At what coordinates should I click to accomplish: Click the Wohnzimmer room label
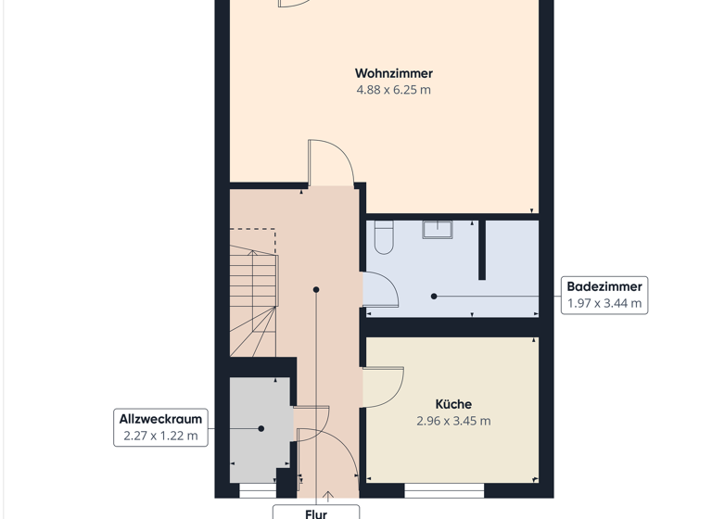click(x=393, y=73)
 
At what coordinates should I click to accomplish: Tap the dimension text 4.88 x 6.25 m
click(x=393, y=91)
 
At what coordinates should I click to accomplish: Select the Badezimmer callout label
click(x=604, y=286)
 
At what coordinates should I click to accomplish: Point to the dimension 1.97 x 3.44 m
click(x=604, y=304)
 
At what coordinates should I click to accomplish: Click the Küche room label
click(x=453, y=404)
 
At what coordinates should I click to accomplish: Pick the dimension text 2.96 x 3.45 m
click(x=453, y=421)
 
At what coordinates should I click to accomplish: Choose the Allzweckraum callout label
click(x=160, y=419)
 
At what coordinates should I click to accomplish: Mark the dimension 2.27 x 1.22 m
click(x=160, y=436)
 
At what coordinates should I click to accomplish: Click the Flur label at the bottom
click(x=315, y=512)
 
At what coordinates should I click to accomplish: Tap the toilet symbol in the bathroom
click(x=383, y=238)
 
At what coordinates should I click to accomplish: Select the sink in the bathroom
click(x=437, y=229)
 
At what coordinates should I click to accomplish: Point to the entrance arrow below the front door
click(x=327, y=498)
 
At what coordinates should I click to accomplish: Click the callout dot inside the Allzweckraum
click(x=261, y=428)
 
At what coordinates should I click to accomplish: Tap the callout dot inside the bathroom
click(x=434, y=297)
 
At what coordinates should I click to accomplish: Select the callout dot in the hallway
click(x=316, y=290)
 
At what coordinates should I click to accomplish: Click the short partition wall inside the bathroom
click(x=481, y=250)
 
